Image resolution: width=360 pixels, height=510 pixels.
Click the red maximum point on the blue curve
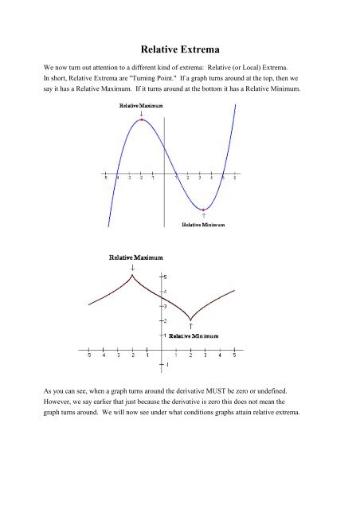point(141,121)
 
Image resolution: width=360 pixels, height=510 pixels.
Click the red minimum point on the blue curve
point(205,209)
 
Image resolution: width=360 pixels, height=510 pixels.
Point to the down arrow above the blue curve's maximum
point(142,114)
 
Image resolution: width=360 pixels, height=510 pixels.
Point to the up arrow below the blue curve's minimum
point(205,216)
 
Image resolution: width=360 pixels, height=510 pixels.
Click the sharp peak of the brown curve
point(132,275)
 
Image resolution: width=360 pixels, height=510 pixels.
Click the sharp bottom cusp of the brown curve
point(191,320)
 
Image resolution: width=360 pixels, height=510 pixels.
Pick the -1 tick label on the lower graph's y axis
point(166,365)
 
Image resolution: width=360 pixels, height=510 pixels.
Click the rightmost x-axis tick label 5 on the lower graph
point(235,357)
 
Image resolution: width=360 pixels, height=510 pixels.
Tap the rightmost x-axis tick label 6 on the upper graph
point(235,178)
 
